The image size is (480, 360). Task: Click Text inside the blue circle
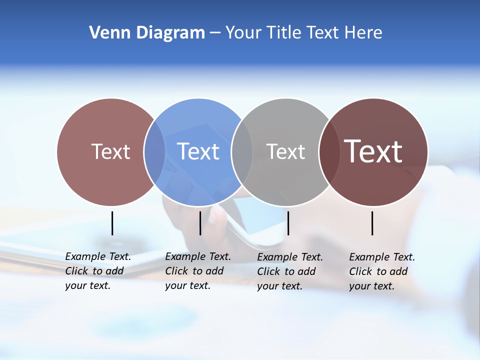(198, 151)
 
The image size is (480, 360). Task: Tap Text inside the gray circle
(286, 151)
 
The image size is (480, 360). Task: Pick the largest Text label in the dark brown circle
(373, 151)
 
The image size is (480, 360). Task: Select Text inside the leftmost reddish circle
(111, 151)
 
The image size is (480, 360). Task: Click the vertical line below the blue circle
(200, 223)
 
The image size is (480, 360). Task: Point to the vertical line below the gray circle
(288, 223)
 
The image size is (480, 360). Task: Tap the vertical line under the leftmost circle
(112, 223)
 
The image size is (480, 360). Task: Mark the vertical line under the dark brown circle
(372, 223)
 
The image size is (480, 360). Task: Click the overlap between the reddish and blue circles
(154, 152)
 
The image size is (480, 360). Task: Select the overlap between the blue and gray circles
(242, 152)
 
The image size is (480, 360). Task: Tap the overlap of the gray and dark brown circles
(329, 152)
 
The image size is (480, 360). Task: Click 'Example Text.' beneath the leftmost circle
(98, 256)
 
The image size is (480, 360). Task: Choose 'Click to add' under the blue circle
(194, 271)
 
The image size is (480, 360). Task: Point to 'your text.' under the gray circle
(280, 286)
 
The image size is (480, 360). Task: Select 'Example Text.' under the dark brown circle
(382, 257)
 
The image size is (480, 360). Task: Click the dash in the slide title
(214, 33)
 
